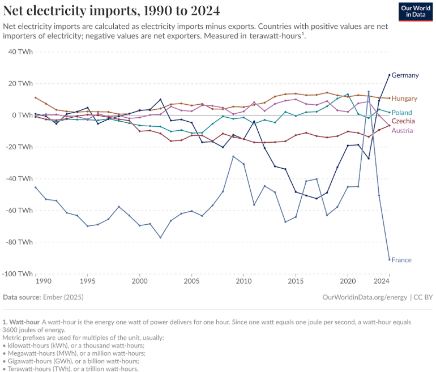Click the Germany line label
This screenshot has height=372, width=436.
[x=405, y=75]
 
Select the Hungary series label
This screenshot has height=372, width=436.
[x=404, y=99]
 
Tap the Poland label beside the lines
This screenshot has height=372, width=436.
[x=402, y=113]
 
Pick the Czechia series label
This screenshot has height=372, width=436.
[x=403, y=121]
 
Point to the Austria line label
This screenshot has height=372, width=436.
[x=402, y=131]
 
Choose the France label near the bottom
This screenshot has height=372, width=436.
[x=401, y=260]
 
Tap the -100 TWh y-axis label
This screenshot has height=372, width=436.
[x=17, y=273]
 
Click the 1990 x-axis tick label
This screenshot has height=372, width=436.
[x=43, y=281]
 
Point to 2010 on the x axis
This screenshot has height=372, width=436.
[x=243, y=281]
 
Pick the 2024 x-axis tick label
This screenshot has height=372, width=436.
[x=382, y=281]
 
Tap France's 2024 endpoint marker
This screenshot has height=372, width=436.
[x=390, y=259]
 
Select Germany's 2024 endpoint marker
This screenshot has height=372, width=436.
[x=390, y=75]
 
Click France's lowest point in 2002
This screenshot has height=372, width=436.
[x=160, y=237]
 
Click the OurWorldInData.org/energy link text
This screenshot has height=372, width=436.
[x=364, y=297]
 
